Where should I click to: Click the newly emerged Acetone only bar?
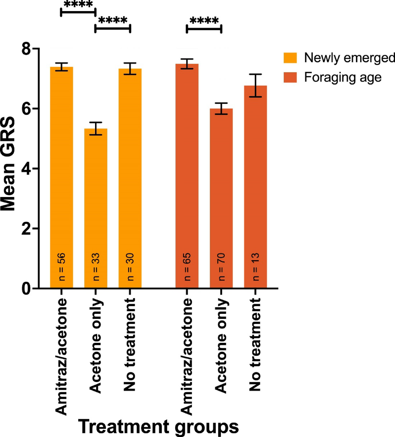96,208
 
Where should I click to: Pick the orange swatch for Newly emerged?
290,58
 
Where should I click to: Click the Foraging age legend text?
343,78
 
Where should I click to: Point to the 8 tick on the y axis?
27,49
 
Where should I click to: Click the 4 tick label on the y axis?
27,169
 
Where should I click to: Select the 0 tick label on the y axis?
27,289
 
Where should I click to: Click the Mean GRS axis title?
8,164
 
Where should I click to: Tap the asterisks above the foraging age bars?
204,21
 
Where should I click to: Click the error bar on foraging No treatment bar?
255,85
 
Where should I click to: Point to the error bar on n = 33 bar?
96,128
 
